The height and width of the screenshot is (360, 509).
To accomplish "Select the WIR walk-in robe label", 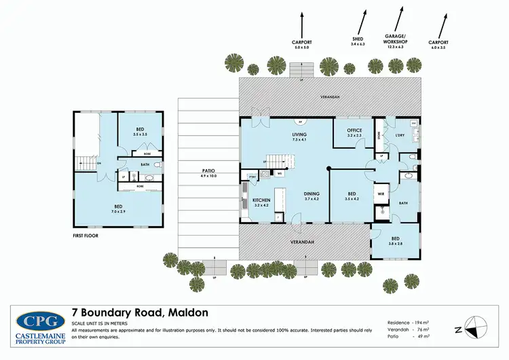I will point(381,194).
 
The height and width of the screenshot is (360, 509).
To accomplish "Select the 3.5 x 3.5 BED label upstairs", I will point(140,132).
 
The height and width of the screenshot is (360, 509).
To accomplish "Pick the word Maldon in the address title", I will point(184,312).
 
